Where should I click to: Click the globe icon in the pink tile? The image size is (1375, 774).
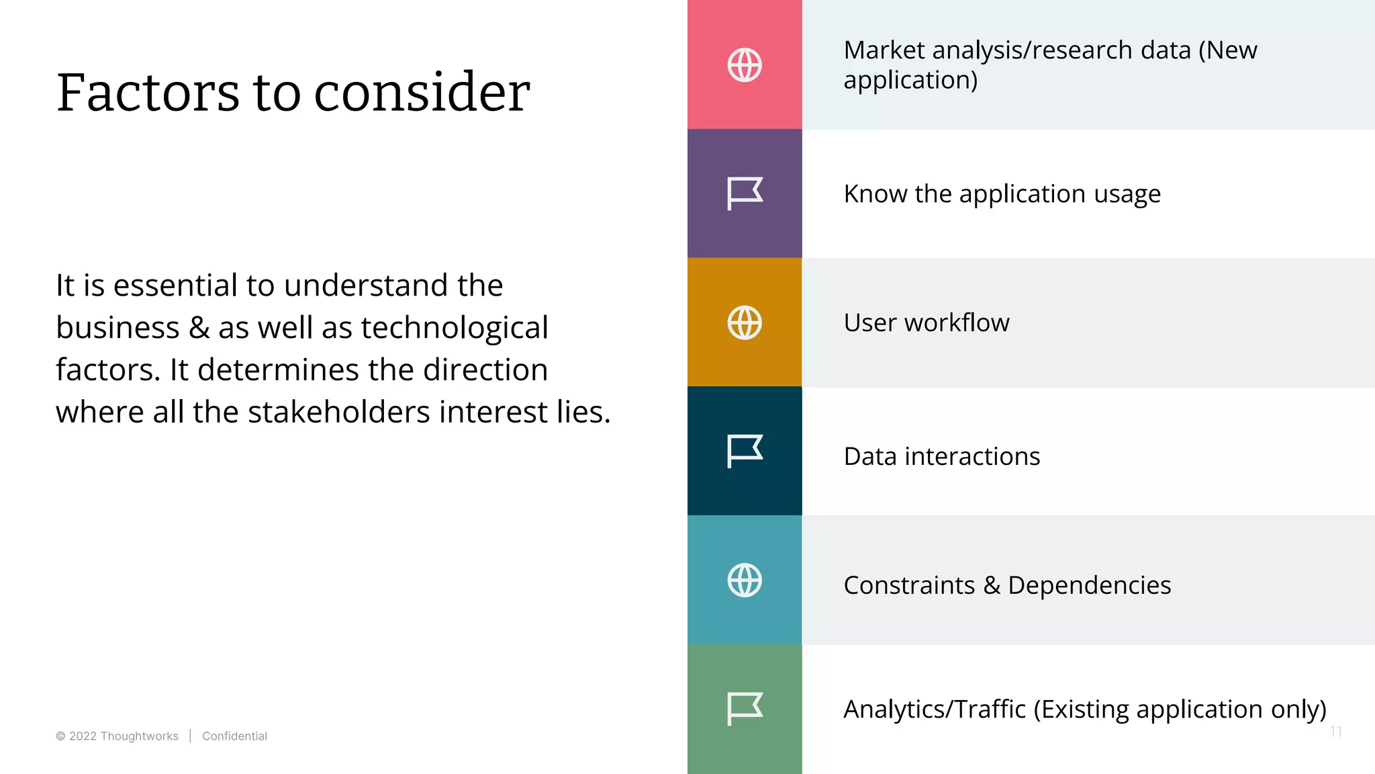click(745, 65)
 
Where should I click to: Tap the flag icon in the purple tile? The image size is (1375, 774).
click(745, 193)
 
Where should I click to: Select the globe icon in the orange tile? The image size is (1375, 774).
click(745, 322)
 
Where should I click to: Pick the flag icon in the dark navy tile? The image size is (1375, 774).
click(745, 451)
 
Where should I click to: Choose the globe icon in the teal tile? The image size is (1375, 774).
click(745, 580)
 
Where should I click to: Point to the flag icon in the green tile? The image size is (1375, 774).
click(745, 709)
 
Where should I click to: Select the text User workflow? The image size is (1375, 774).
click(927, 322)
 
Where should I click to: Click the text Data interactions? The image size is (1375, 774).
click(941, 456)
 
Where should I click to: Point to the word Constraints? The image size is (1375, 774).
click(909, 585)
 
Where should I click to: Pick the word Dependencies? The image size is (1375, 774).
click(1089, 585)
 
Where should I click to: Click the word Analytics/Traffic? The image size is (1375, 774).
click(935, 709)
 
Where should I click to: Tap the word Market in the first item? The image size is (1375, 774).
click(884, 50)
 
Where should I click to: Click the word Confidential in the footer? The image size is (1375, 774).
click(234, 736)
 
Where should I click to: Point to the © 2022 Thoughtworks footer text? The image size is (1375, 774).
click(117, 736)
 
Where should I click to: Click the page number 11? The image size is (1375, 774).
click(1335, 732)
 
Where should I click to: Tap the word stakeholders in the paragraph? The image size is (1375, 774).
click(339, 412)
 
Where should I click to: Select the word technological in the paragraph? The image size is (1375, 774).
click(455, 328)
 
